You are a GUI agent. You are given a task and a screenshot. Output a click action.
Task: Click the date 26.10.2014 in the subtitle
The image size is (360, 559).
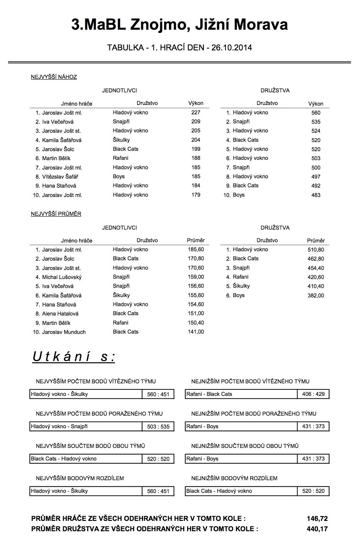[231, 48]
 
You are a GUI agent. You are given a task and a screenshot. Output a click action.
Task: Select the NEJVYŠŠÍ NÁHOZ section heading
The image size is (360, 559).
[54, 77]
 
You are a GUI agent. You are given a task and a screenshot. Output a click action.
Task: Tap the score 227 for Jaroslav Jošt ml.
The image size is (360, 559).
[196, 113]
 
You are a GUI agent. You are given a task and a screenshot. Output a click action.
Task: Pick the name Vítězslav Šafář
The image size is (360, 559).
[60, 177]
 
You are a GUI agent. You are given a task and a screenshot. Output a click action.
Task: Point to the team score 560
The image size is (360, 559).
[316, 113]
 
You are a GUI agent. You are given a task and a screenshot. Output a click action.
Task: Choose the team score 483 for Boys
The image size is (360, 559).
[316, 195]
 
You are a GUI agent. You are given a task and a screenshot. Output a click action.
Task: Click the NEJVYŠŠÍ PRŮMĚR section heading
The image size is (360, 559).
[56, 214]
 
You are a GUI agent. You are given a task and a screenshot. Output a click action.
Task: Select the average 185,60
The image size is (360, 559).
[196, 250]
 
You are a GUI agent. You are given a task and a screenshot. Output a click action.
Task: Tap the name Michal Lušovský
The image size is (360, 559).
[62, 277]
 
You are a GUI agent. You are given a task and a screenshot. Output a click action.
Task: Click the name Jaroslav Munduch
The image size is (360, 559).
[64, 332]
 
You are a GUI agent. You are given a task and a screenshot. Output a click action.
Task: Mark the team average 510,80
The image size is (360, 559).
[316, 250]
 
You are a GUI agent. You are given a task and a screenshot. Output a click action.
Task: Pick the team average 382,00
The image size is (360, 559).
[316, 296]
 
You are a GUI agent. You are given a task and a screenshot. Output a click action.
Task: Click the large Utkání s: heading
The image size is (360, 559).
[74, 357]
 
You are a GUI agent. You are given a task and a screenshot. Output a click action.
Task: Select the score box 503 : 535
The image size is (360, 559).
[158, 427]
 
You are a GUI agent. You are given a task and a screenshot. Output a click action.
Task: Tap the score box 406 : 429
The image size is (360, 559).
[313, 394]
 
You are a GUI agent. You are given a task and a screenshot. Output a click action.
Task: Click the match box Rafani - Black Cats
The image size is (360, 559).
[241, 394]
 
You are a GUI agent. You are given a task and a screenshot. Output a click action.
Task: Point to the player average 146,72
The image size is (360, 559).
[317, 519]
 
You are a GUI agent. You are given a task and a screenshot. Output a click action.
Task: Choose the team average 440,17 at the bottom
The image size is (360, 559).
[317, 529]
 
